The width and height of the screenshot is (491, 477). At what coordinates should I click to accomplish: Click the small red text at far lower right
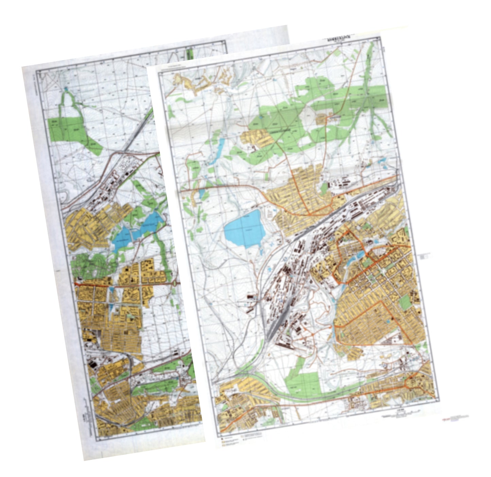coord(456,417)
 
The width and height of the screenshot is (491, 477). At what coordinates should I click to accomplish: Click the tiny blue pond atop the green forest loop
coord(66,89)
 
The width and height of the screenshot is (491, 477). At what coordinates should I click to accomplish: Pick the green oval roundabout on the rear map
coord(175,283)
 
